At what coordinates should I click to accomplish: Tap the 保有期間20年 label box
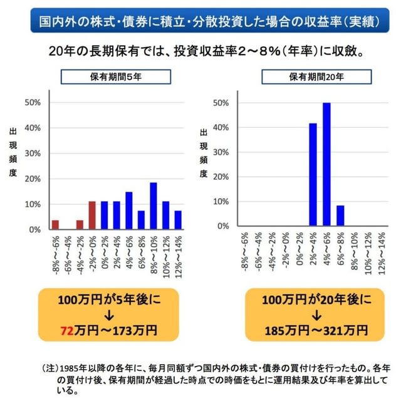pyautogui.click(x=309, y=77)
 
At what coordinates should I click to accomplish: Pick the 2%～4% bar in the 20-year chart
pyautogui.click(x=313, y=176)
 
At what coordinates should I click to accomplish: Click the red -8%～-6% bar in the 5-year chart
pyautogui.click(x=55, y=225)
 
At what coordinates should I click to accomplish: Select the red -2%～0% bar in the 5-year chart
pyautogui.click(x=91, y=216)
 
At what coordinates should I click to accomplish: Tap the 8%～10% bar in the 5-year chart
pyautogui.click(x=153, y=206)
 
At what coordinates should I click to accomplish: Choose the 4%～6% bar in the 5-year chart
pyautogui.click(x=128, y=211)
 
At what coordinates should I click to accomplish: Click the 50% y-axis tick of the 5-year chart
pyautogui.click(x=32, y=103)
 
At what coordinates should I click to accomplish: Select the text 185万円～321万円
pyautogui.click(x=308, y=328)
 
